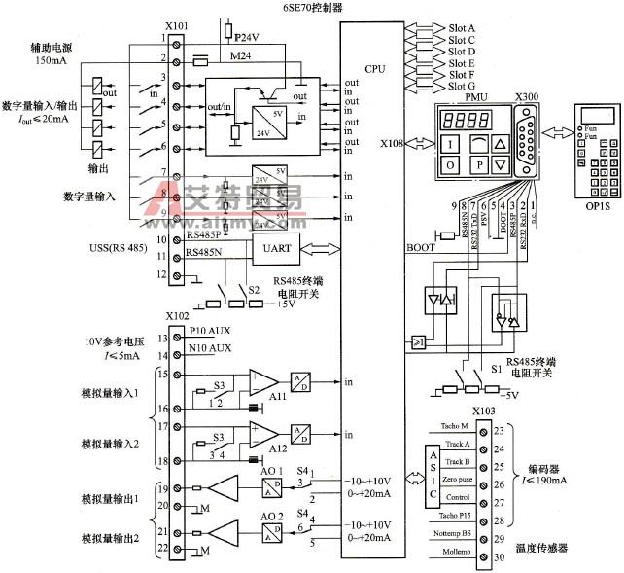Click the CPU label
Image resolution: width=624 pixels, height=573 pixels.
(374, 69)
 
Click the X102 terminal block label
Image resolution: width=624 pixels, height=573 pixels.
(178, 316)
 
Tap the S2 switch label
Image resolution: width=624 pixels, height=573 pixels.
(255, 289)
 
